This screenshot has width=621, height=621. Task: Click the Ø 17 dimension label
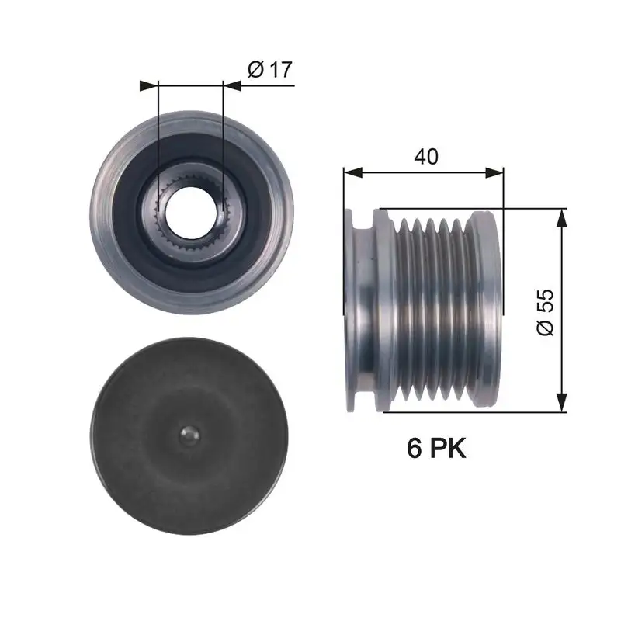(269, 70)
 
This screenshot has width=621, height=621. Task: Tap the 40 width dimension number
(426, 156)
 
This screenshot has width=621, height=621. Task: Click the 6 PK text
(436, 448)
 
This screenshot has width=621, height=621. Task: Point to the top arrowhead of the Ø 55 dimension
(563, 217)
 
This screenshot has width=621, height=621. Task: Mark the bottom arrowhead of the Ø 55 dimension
(563, 404)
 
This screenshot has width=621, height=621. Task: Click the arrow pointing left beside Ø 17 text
(231, 85)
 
